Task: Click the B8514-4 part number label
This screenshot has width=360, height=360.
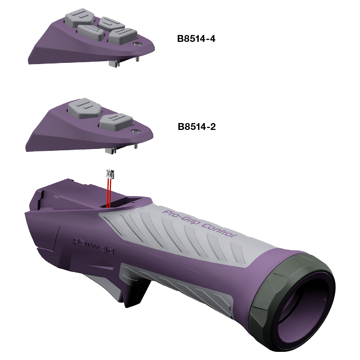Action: pyautogui.click(x=196, y=39)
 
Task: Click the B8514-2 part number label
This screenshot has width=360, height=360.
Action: pyautogui.click(x=197, y=127)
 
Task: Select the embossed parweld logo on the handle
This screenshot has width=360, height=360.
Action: pyautogui.click(x=94, y=245)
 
